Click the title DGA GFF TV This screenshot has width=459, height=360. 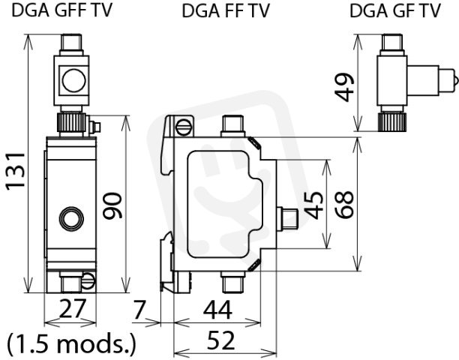tap(61, 10)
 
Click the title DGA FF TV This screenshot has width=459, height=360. tap(226, 11)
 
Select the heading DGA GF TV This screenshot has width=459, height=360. tap(395, 11)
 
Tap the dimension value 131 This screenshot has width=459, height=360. tap(16, 171)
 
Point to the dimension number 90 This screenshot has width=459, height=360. tap(112, 205)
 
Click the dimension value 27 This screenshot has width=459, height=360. tap(73, 308)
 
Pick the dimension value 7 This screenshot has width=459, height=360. tap(139, 310)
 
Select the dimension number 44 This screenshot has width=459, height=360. tap(217, 310)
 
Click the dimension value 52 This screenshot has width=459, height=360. tap(220, 340)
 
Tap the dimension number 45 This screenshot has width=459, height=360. tap(313, 205)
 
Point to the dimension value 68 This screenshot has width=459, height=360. tap(344, 204)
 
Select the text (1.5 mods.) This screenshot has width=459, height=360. tap(72, 343)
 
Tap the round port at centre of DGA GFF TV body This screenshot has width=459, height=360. tap(71, 218)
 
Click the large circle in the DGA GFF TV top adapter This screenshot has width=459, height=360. tap(74, 80)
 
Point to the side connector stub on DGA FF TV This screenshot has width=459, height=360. tap(287, 217)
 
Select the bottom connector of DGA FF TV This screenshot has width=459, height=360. tap(232, 281)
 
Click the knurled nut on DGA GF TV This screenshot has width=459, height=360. tap(392, 122)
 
